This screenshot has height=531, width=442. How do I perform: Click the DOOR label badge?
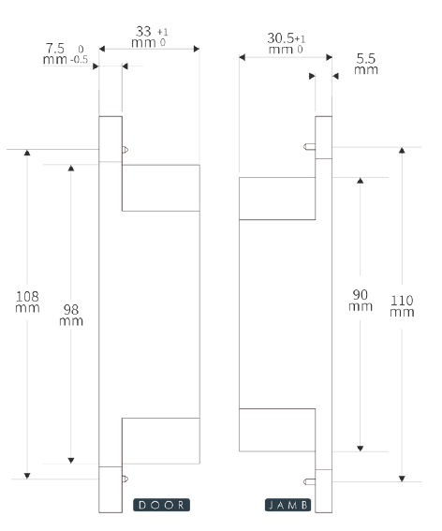162,505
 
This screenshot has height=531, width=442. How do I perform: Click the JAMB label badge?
287,505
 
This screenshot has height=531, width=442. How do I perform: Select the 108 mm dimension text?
27,302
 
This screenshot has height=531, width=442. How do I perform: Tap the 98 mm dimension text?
71,315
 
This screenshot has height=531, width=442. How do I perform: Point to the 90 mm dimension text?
361,301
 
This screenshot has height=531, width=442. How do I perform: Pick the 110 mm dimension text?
402,306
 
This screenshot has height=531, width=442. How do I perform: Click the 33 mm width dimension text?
150,37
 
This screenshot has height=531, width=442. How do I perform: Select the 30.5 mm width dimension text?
287,43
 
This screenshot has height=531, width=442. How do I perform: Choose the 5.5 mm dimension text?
366,64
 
